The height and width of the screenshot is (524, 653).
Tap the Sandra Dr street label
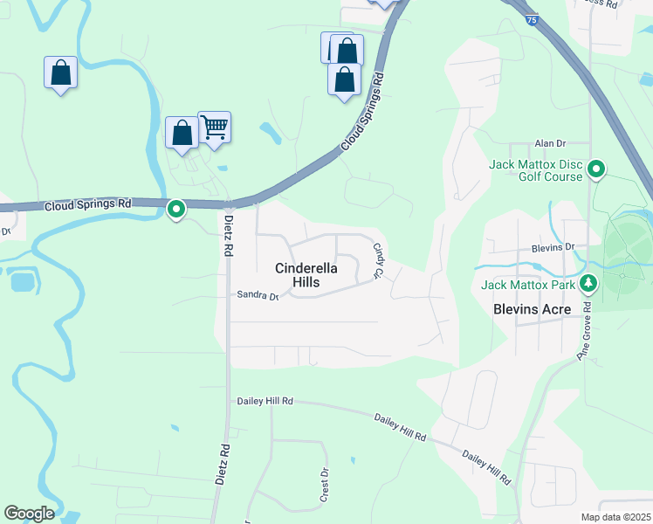pos(257,296)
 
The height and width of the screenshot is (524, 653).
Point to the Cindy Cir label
pos(379,261)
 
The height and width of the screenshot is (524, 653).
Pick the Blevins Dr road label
pos(553,248)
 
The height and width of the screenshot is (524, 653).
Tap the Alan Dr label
pos(550,143)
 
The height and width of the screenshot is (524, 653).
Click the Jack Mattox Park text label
pos(526,284)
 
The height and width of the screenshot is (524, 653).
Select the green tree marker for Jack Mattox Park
pos(589,283)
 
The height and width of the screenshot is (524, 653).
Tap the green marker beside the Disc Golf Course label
pos(596,169)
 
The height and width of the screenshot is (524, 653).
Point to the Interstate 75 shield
pos(533,18)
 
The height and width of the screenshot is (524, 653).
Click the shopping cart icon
pos(215,128)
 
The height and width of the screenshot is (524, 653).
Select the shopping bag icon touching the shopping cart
pos(182,134)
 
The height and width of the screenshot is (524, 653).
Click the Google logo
pos(29,514)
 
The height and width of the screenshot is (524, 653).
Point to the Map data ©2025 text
pos(615,517)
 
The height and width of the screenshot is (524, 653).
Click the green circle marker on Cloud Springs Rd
pos(176,210)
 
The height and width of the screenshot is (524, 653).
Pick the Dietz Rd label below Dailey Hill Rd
pos(223,463)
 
